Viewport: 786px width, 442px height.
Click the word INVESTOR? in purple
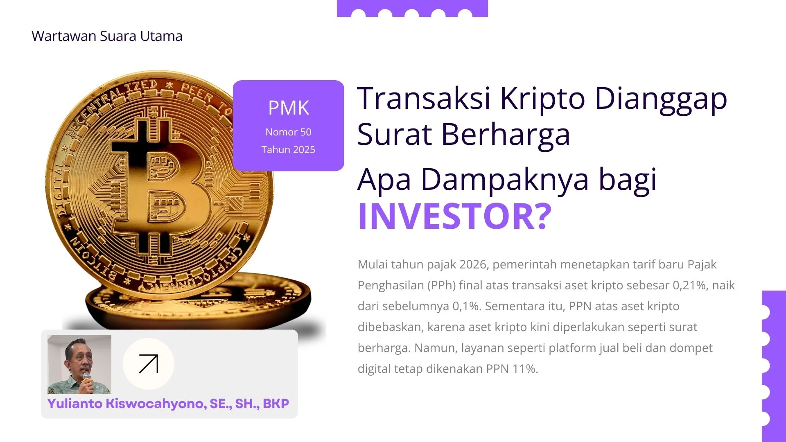[454, 216]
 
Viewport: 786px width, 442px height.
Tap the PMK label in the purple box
[288, 108]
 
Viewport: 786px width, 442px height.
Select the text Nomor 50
[288, 132]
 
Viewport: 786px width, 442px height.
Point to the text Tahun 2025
[288, 150]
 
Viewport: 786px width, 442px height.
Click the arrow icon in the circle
[148, 364]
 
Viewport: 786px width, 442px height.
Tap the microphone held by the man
[86, 377]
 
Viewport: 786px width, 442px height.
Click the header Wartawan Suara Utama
[107, 36]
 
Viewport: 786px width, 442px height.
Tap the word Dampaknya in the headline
[504, 179]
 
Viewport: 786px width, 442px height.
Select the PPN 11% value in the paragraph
[512, 369]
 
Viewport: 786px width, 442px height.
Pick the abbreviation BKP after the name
[276, 404]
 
